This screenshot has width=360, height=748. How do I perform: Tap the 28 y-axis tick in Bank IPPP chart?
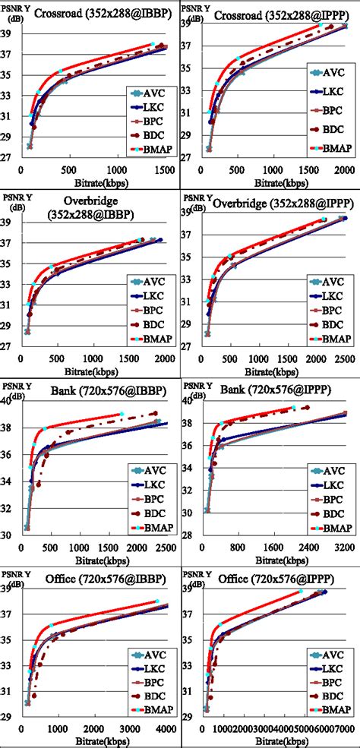tap(191, 536)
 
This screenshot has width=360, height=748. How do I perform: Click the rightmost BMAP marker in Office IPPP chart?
tap(301, 592)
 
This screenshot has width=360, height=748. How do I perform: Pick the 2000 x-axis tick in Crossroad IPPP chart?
tap(344, 172)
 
